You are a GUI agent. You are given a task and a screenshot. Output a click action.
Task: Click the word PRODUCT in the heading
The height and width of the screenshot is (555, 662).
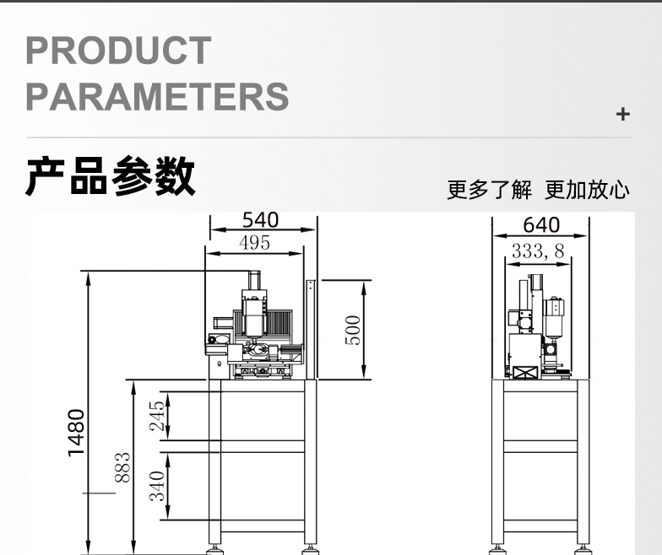click(x=118, y=51)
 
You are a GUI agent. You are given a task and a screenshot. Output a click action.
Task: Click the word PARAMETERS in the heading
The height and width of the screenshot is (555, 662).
click(x=157, y=96)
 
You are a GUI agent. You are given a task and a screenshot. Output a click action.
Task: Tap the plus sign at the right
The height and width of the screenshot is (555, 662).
click(x=623, y=114)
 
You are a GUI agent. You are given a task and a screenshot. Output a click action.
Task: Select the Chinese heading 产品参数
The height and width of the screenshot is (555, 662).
click(x=111, y=176)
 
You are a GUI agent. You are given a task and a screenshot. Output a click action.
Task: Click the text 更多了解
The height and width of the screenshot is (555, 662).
click(x=489, y=190)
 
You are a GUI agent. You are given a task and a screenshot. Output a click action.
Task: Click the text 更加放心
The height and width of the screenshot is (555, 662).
click(x=587, y=190)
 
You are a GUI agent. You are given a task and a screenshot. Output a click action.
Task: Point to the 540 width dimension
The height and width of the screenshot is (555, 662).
click(x=260, y=220)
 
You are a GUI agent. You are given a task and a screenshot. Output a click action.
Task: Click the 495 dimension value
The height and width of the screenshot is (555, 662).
click(x=254, y=243)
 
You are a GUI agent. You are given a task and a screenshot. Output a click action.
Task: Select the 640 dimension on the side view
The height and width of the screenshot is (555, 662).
click(x=541, y=225)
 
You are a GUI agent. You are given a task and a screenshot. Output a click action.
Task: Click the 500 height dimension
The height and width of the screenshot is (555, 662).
click(x=352, y=330)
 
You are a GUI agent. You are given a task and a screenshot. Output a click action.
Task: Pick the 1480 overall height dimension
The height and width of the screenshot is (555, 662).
click(x=77, y=432)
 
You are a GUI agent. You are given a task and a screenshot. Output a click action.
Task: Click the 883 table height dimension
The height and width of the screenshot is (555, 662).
click(x=122, y=467)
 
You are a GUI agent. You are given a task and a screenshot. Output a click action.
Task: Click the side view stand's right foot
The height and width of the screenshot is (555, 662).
click(x=583, y=548)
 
